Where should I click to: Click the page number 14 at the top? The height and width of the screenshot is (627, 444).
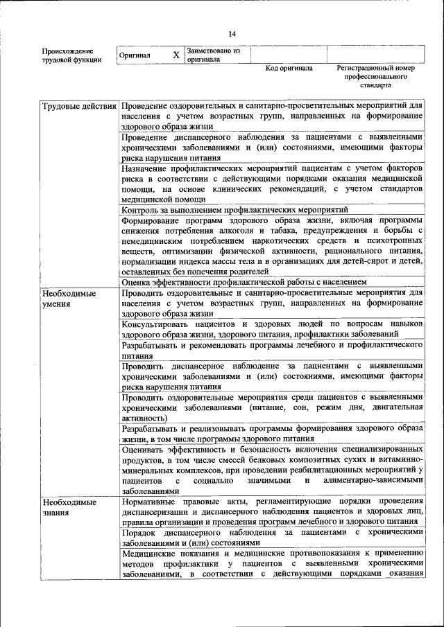232,34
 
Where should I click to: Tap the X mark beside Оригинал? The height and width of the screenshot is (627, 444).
176,55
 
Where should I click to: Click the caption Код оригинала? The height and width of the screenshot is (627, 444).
289,69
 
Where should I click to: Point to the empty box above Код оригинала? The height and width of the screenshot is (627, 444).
289,54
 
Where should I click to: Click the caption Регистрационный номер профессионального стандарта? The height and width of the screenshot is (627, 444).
375,77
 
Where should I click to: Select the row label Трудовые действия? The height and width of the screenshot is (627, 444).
78,107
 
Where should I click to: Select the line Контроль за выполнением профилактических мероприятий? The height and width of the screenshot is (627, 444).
234,209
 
